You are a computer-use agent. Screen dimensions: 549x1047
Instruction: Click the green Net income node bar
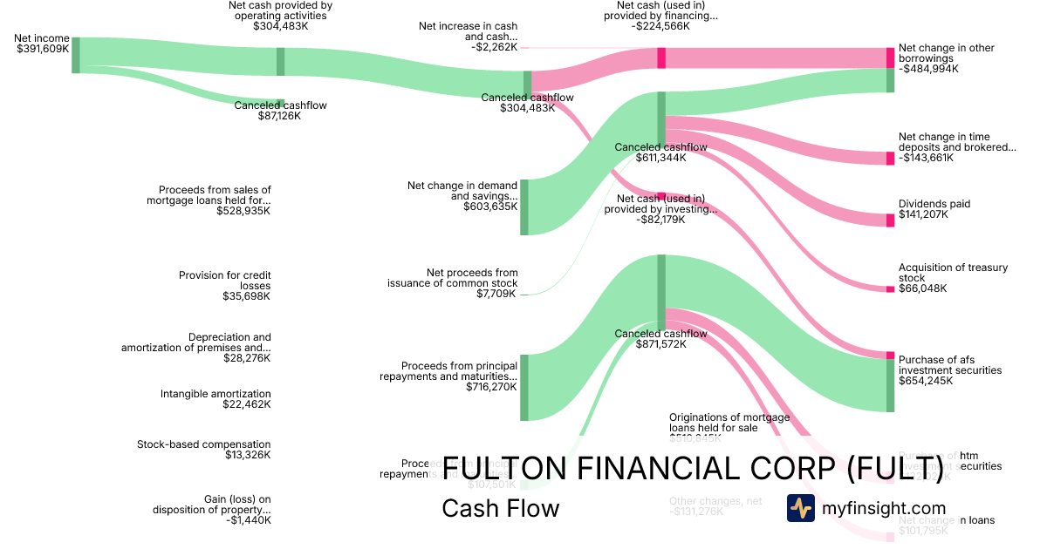click(x=76, y=55)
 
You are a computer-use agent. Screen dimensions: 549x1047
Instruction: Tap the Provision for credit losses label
click(x=224, y=281)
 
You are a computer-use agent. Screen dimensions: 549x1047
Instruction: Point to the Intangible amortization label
click(x=216, y=394)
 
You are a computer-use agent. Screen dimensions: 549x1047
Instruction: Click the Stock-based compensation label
click(x=203, y=444)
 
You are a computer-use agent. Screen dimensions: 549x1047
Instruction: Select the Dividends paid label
click(x=934, y=204)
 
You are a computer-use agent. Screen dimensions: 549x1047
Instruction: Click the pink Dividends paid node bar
click(x=890, y=220)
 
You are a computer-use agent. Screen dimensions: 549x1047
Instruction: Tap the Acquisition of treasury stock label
click(x=953, y=273)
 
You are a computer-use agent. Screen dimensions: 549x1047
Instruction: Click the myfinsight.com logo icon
click(x=800, y=508)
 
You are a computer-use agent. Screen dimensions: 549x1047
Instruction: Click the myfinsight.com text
click(x=884, y=508)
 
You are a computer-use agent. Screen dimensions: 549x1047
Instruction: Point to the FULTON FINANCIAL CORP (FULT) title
click(x=694, y=468)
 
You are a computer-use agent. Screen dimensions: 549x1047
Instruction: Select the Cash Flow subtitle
click(x=500, y=508)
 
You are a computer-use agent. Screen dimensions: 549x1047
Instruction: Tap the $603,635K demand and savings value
click(x=490, y=207)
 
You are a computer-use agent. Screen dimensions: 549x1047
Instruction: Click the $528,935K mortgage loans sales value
click(x=243, y=211)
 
